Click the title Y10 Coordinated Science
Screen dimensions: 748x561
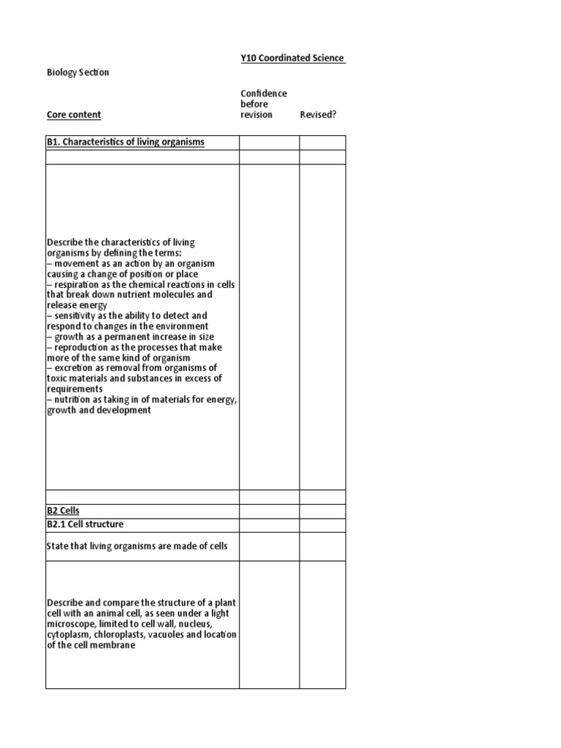coord(293,58)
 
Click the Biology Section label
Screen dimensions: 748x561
coord(77,72)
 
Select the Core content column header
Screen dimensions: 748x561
coord(74,115)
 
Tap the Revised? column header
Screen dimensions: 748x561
coord(318,115)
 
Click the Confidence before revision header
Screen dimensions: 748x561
coord(264,104)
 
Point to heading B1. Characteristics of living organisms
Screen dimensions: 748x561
coord(126,142)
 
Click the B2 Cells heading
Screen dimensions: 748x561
coord(63,511)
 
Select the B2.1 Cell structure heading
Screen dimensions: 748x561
coord(85,524)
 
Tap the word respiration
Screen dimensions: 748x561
coord(77,284)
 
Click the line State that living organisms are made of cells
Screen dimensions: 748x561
coord(137,546)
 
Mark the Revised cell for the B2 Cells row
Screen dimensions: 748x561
coord(322,511)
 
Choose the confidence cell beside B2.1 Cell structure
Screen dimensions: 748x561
coord(269,524)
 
